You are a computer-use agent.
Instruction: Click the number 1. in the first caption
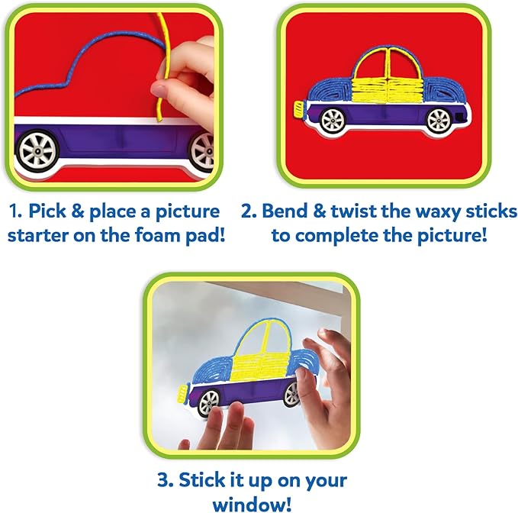pyautogui.click(x=15, y=211)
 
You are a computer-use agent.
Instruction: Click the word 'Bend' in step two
pyautogui.click(x=284, y=211)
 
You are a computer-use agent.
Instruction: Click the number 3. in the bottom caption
pyautogui.click(x=166, y=480)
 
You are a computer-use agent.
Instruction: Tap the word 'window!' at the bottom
pyautogui.click(x=252, y=505)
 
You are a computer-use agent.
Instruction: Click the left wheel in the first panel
pyautogui.click(x=37, y=151)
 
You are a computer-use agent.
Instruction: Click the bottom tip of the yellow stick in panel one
pyautogui.click(x=159, y=120)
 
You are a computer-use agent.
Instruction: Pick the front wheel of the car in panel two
pyautogui.click(x=333, y=120)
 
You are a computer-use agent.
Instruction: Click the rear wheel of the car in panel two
pyautogui.click(x=439, y=120)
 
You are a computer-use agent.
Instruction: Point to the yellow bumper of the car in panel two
pyautogui.click(x=298, y=110)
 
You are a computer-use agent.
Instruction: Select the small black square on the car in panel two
pyautogui.click(x=458, y=116)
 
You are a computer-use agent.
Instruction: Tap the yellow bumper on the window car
pyautogui.click(x=182, y=394)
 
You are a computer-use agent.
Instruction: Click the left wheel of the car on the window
pyautogui.click(x=209, y=402)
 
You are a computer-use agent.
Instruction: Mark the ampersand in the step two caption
pyautogui.click(x=319, y=211)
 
